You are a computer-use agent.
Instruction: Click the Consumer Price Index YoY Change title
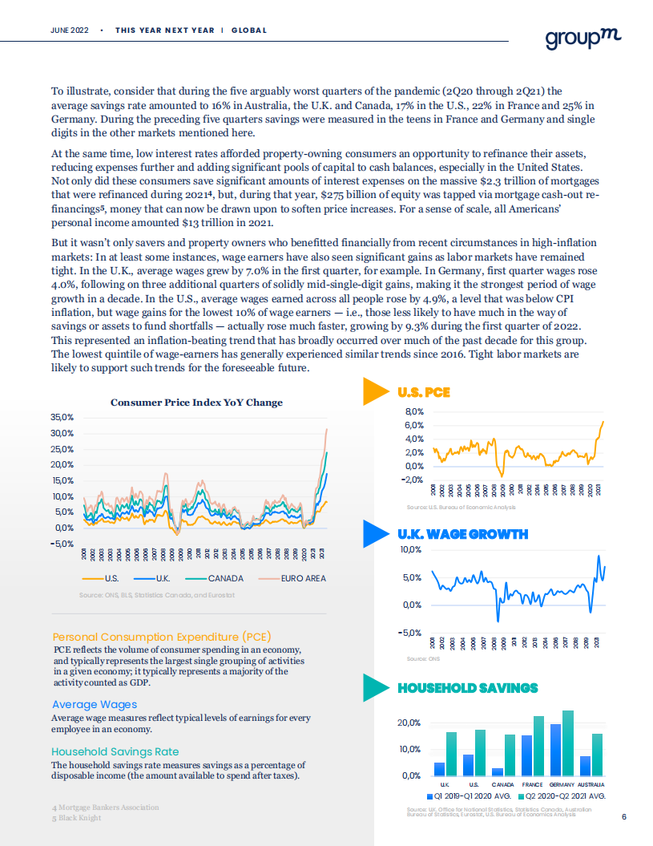[196, 403]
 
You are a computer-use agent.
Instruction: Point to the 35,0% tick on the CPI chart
[62, 418]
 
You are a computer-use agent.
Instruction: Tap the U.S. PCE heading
[424, 393]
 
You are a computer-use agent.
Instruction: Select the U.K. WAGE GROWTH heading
[462, 534]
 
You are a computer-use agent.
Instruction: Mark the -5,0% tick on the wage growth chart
[411, 633]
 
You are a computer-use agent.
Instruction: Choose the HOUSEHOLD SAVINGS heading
[468, 688]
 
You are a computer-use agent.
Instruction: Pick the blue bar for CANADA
[498, 771]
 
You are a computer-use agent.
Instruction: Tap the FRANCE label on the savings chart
[532, 783]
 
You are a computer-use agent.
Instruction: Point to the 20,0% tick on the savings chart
[410, 723]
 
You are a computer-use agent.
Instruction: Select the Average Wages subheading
[95, 704]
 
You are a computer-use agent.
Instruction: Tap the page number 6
[624, 817]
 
